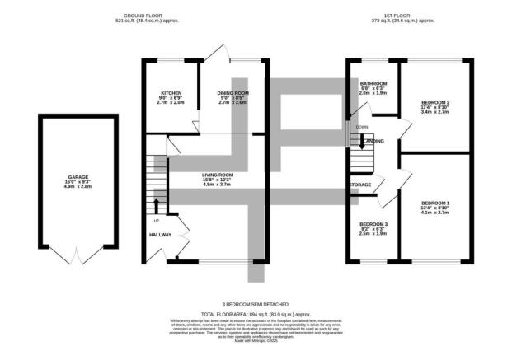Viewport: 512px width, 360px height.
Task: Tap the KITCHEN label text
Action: [x=171, y=93]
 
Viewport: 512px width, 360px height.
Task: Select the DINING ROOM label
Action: [x=233, y=93]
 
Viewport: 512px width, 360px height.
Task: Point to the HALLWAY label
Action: [x=160, y=235]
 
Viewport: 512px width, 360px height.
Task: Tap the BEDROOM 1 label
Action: [x=435, y=203]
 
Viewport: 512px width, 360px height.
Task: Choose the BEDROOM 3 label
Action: [x=373, y=224]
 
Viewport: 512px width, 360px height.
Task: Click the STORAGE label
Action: [x=361, y=185]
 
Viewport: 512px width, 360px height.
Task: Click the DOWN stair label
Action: [x=362, y=127]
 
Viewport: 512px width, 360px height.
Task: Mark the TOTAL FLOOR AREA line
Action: [x=256, y=314]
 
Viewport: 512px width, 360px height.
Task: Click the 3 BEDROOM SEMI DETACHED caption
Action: [x=256, y=304]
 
